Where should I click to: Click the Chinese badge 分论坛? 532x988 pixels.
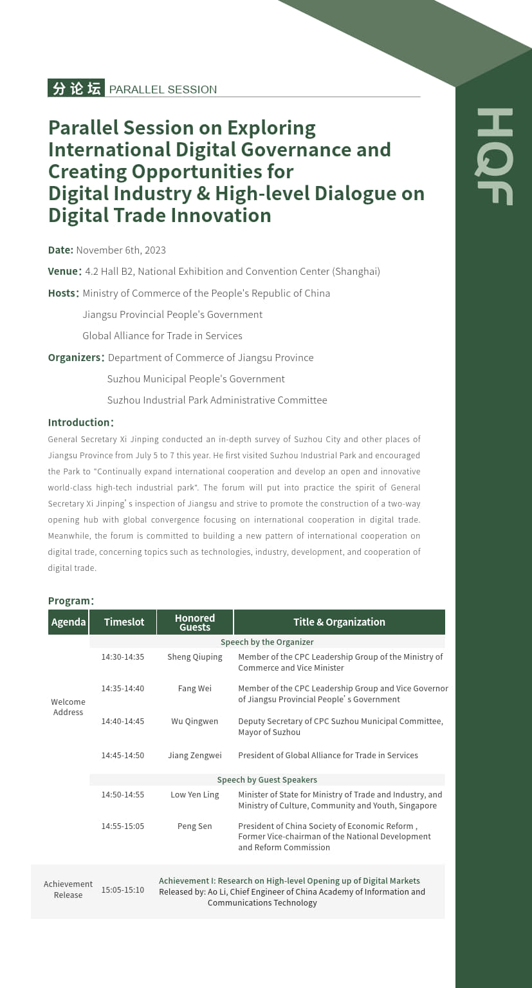point(76,88)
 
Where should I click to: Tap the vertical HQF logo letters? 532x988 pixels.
point(494,156)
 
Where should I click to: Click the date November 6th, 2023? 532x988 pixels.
point(121,250)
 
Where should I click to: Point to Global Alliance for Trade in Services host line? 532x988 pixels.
point(162,336)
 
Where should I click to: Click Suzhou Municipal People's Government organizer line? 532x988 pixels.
point(196,379)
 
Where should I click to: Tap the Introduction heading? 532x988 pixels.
point(80,423)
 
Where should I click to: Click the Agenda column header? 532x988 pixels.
point(68,622)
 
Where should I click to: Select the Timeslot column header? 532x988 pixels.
point(124,622)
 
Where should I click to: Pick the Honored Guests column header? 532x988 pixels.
point(195,622)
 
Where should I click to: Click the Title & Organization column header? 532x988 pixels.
point(339,622)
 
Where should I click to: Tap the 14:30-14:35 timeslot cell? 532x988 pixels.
point(122,657)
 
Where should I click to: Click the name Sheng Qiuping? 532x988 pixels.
point(194,657)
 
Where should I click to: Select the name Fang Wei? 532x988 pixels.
point(194,689)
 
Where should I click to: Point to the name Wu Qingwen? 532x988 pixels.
point(194,722)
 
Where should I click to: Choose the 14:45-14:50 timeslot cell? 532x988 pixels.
point(122,756)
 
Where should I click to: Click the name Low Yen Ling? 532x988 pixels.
point(194,795)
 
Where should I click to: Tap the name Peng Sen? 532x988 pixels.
point(194,826)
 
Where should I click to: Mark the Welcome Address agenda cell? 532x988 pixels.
point(68,707)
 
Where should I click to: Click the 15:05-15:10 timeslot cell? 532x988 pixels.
point(122,890)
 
